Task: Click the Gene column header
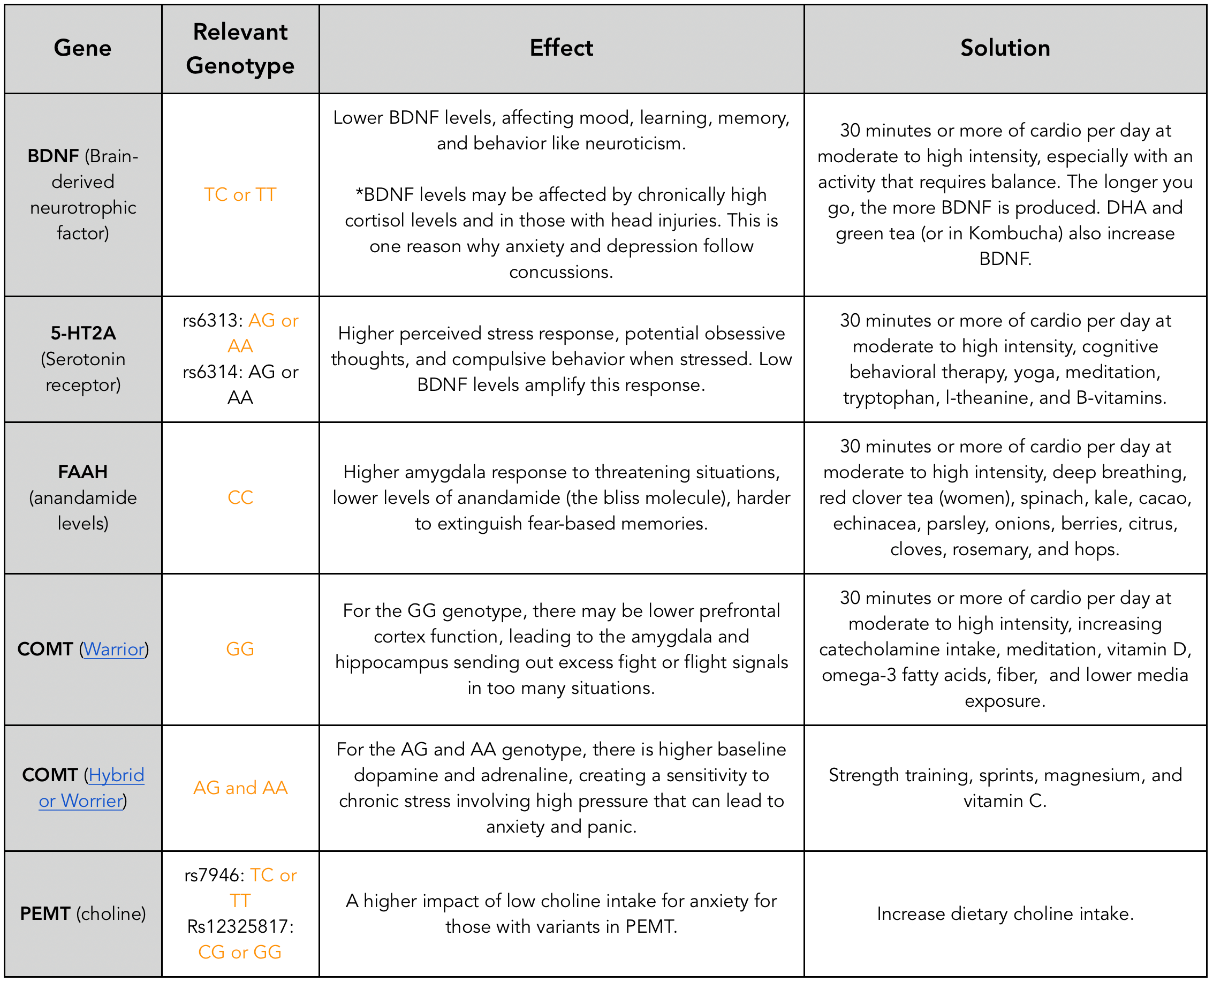[x=82, y=48]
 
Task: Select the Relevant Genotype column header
[x=240, y=49]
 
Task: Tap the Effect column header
[x=562, y=48]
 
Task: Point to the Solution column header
[x=1005, y=48]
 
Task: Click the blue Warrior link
[x=114, y=649]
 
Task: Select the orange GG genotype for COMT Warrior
[x=240, y=649]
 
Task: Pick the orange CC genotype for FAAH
[x=240, y=498]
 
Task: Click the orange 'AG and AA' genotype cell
[x=240, y=788]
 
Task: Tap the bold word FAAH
[x=82, y=472]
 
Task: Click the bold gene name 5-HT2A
[x=83, y=333]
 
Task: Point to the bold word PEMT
[x=46, y=914]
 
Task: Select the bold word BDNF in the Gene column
[x=53, y=156]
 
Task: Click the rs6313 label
[x=213, y=321]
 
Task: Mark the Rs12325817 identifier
[x=240, y=926]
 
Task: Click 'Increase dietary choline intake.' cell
[x=1005, y=914]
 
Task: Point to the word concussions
[x=561, y=273]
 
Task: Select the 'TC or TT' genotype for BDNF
[x=240, y=194]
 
